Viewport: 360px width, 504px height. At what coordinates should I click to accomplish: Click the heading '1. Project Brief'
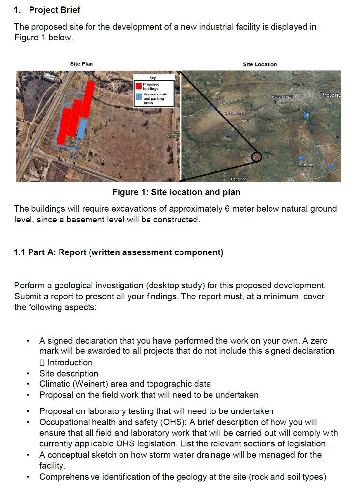[47, 10]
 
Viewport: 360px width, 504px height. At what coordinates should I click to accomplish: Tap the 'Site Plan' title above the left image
[81, 64]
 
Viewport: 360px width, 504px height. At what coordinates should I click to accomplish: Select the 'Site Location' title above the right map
[260, 64]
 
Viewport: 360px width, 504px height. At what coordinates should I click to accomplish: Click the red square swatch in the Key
[139, 86]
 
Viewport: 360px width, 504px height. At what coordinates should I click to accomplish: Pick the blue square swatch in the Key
[139, 97]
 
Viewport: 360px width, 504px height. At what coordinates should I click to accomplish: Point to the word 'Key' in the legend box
[152, 77]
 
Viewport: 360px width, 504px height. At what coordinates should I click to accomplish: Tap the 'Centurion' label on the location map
[239, 179]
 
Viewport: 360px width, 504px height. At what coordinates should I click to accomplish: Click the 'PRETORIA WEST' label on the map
[282, 97]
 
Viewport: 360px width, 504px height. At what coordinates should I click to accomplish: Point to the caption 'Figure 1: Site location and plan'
[176, 192]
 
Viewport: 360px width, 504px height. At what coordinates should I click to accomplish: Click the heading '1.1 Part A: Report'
[119, 252]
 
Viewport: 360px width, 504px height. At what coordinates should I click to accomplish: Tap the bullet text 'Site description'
[69, 373]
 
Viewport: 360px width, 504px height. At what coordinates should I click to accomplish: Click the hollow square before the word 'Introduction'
[42, 363]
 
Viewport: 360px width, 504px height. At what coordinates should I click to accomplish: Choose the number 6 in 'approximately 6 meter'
[227, 209]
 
